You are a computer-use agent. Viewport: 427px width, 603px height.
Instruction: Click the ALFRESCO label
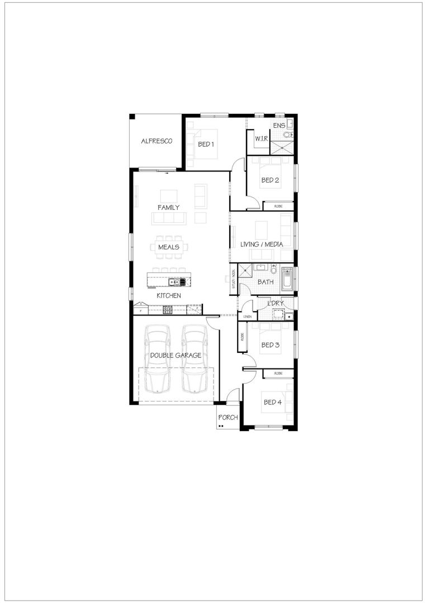(156, 141)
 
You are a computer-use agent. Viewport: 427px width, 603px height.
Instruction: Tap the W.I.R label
(262, 138)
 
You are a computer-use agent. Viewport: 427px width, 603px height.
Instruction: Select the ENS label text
(279, 126)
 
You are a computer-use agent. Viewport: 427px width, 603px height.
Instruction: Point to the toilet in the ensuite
(287, 135)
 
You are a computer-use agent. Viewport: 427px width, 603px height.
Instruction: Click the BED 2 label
(270, 180)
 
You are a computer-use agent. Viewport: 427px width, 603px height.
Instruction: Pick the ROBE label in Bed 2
(278, 207)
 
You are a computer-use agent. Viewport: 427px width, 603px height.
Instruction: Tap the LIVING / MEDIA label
(262, 245)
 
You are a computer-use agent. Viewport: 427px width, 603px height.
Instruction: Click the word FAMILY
(168, 207)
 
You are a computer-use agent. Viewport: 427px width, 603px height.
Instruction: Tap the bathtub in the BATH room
(287, 279)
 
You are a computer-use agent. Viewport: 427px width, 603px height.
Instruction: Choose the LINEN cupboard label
(247, 317)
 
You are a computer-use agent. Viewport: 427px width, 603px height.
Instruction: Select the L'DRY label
(275, 303)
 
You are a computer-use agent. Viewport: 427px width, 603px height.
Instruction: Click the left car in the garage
(157, 357)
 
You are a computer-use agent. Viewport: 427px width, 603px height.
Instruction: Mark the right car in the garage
(194, 357)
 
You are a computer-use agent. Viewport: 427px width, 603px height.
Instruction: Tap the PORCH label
(228, 417)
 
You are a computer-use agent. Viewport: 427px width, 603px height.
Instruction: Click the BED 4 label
(272, 402)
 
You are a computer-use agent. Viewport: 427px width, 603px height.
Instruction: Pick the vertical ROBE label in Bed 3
(242, 338)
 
